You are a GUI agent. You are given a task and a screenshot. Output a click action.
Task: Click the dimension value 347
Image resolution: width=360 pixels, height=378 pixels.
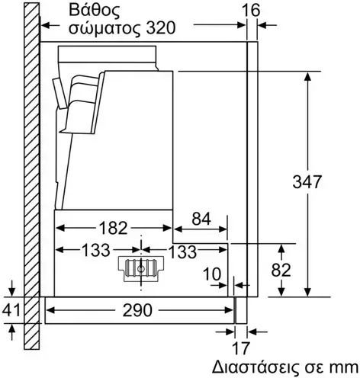click(x=307, y=181)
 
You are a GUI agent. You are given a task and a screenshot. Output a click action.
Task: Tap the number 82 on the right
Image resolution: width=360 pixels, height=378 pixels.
click(x=281, y=270)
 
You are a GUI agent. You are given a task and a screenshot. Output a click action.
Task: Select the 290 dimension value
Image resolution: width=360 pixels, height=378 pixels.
click(x=137, y=310)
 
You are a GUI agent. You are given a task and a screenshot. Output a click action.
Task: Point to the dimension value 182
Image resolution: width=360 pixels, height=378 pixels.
click(x=113, y=228)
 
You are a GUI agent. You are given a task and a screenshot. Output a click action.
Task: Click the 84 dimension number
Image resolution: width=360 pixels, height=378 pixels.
click(x=201, y=219)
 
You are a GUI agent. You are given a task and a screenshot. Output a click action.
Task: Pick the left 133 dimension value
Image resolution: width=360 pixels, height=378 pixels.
click(x=95, y=250)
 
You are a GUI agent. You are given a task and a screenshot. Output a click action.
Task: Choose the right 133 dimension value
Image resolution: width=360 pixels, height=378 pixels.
click(x=182, y=251)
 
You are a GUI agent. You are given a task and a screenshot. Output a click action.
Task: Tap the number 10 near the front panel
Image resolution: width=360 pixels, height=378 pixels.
click(x=212, y=274)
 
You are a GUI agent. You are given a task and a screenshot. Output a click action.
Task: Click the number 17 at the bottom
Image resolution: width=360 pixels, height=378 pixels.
click(x=241, y=348)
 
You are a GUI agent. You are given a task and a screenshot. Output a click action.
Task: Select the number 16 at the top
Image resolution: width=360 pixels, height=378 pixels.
click(x=251, y=11)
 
